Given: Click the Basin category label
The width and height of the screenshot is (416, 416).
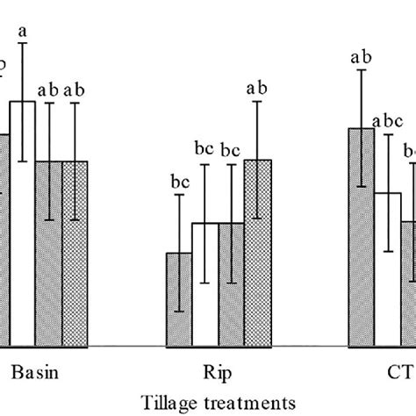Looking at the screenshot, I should click(36, 372).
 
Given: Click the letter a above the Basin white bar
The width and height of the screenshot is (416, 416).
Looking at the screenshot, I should click(24, 33).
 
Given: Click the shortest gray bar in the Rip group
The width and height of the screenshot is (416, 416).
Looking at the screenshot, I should click(180, 298).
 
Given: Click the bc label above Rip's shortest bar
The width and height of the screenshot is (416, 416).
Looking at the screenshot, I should click(180, 182).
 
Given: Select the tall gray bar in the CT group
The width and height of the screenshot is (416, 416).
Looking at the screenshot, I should click(361, 237).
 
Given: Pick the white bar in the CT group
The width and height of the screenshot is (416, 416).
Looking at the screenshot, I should click(387, 269).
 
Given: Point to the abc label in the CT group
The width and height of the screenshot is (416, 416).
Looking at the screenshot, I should click(386, 121).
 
